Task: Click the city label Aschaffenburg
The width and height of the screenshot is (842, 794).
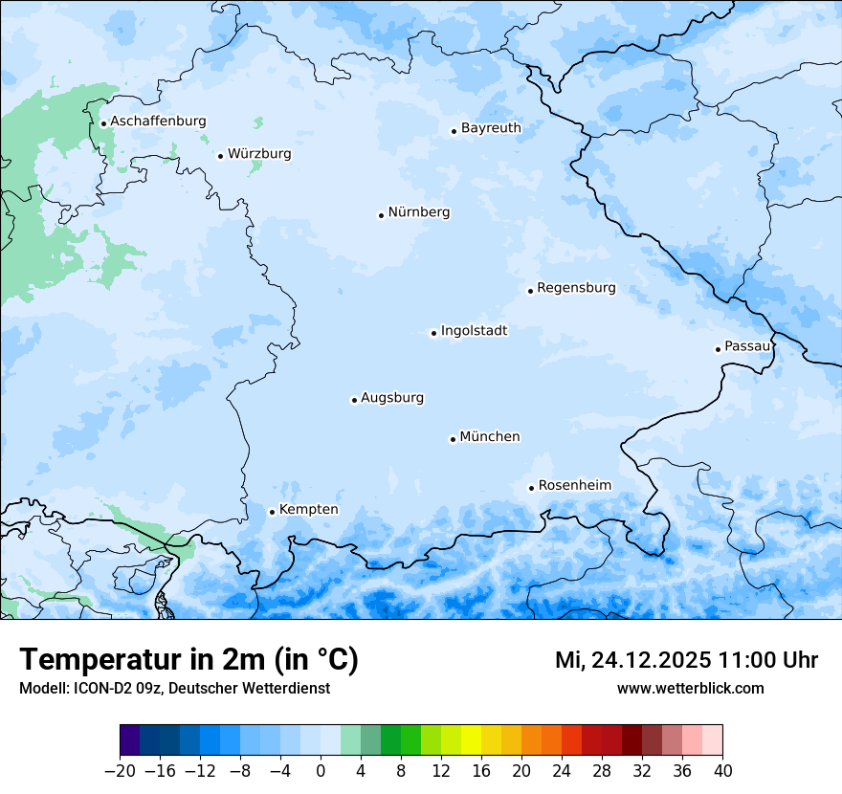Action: click(158, 121)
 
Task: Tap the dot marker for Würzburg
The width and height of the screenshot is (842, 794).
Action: click(220, 156)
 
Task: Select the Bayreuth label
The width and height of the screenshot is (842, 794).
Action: click(491, 128)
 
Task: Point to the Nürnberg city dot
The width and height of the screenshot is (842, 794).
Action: click(381, 215)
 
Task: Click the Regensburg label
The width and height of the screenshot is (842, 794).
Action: click(576, 288)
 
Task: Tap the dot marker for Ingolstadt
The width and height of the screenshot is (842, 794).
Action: click(433, 334)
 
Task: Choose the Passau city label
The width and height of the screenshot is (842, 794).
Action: click(747, 346)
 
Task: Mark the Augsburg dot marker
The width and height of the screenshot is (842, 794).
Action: click(354, 400)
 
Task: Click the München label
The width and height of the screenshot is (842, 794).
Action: click(490, 437)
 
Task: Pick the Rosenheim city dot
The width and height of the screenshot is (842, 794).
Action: click(531, 488)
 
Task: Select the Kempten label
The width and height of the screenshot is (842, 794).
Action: click(308, 510)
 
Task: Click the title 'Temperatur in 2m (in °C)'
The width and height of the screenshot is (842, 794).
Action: click(188, 660)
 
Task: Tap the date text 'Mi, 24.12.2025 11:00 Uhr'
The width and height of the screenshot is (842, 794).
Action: click(686, 660)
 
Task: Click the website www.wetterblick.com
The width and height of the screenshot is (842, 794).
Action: click(690, 688)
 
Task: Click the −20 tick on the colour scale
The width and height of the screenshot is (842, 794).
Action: click(120, 771)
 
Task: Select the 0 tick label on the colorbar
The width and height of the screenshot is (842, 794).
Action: click(321, 771)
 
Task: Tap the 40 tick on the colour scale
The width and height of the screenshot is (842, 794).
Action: click(722, 771)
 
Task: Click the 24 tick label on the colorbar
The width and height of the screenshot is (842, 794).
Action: click(562, 771)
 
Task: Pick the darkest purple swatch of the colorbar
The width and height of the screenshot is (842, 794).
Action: click(130, 740)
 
